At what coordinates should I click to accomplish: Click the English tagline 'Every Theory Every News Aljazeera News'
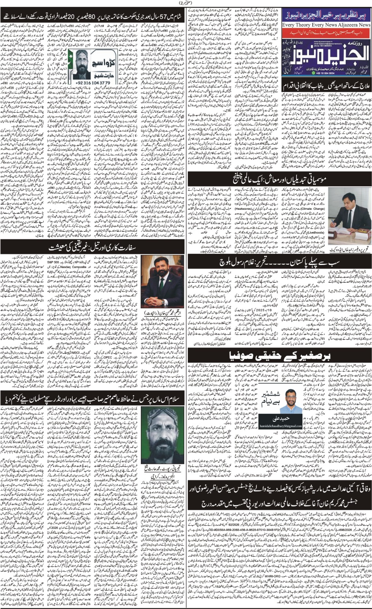point(326,24)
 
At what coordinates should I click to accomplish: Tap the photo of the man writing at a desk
point(349,220)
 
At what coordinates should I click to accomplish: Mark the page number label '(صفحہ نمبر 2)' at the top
point(186,3)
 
